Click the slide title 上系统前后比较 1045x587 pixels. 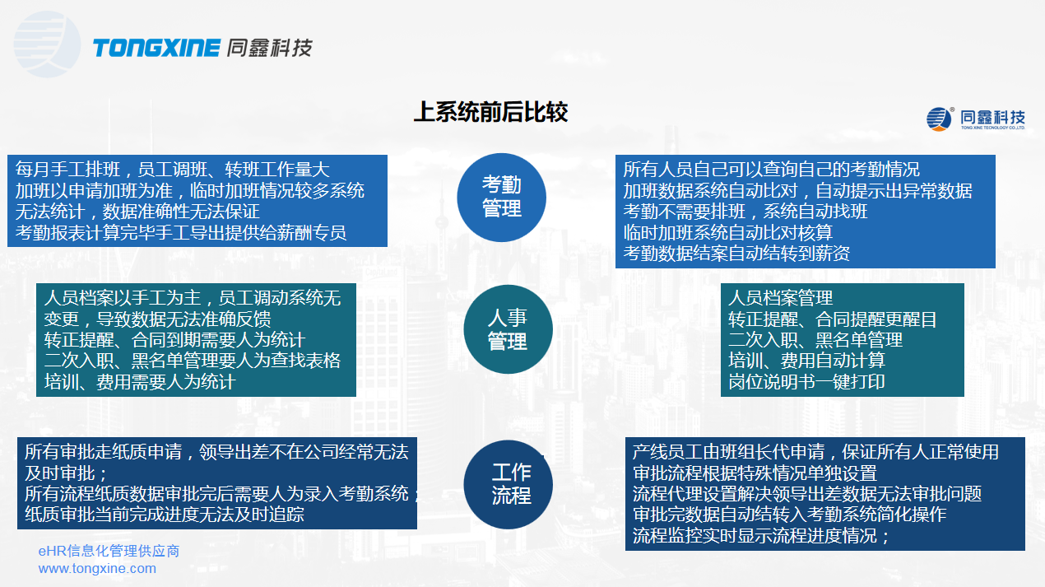[x=490, y=112]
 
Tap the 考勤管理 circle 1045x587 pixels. [x=502, y=197]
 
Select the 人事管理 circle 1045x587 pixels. [x=507, y=329]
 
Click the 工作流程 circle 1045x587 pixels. [x=510, y=483]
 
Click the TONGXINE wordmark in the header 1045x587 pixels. [x=156, y=48]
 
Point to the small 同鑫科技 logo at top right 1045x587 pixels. [x=976, y=119]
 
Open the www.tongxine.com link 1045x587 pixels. [x=97, y=568]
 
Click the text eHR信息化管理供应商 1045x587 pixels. [x=109, y=551]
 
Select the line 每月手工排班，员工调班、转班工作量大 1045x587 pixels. [x=173, y=170]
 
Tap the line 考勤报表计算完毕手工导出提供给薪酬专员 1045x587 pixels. [x=181, y=232]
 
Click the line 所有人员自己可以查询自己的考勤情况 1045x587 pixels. [x=772, y=170]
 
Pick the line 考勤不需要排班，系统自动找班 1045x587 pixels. [x=745, y=212]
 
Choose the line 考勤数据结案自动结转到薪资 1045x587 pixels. [x=737, y=254]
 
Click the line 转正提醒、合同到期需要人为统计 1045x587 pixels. [x=174, y=340]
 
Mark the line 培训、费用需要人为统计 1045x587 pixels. [x=140, y=382]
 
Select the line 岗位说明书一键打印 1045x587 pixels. [x=806, y=382]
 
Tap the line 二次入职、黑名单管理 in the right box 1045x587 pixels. [x=815, y=340]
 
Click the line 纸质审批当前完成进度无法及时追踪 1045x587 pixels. [x=165, y=515]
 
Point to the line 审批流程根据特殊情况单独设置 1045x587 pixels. [x=755, y=473]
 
